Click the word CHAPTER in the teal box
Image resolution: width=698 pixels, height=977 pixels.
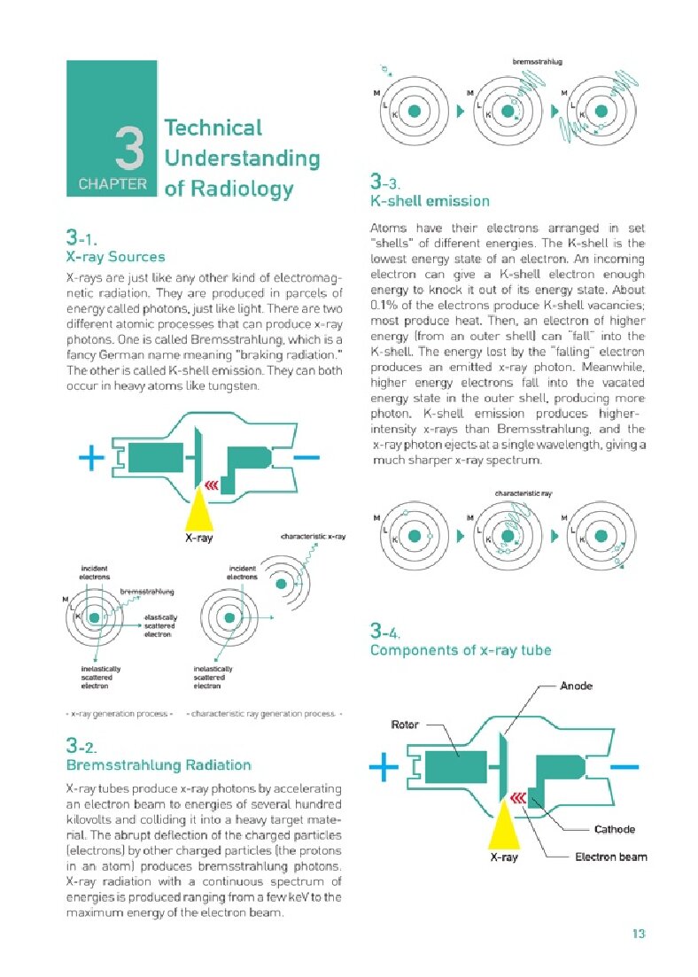112,185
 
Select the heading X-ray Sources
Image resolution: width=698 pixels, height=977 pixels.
115,257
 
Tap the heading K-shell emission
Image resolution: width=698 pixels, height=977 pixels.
429,201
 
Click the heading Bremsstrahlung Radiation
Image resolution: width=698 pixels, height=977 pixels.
159,764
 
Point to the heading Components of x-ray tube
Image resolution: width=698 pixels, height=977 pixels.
460,650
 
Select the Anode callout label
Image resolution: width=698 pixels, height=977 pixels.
577,686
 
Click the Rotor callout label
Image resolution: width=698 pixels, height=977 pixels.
405,725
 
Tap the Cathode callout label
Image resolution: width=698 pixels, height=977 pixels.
613,829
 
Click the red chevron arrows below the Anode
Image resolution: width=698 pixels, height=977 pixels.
517,798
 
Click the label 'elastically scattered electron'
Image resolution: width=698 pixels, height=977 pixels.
161,625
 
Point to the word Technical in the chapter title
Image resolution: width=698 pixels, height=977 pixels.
213,128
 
